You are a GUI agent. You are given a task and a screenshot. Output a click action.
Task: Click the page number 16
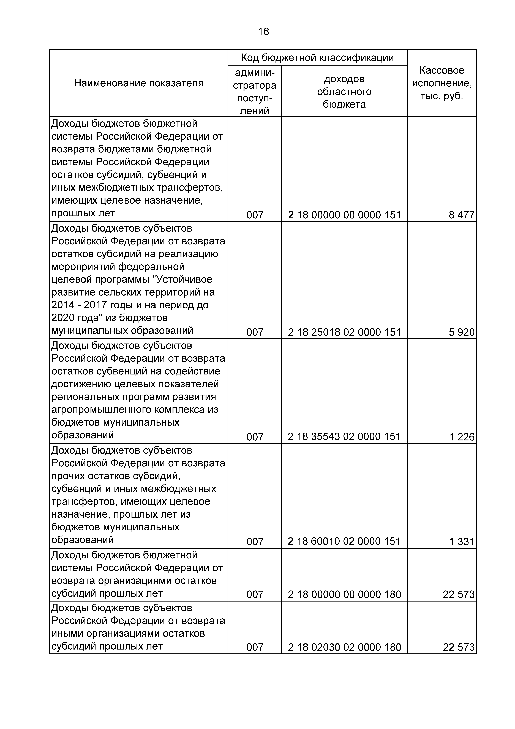pyautogui.click(x=263, y=32)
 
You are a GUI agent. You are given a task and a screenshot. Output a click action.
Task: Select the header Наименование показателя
pyautogui.click(x=139, y=83)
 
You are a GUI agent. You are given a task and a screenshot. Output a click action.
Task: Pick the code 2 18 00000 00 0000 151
pyautogui.click(x=344, y=215)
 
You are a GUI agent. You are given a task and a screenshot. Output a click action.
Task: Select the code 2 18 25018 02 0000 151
pyautogui.click(x=344, y=332)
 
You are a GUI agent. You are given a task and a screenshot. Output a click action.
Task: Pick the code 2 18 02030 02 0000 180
pyautogui.click(x=344, y=647)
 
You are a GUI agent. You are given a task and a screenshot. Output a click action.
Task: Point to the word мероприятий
pyautogui.click(x=83, y=267)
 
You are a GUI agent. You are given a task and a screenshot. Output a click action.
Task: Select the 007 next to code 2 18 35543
pyautogui.click(x=255, y=437)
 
